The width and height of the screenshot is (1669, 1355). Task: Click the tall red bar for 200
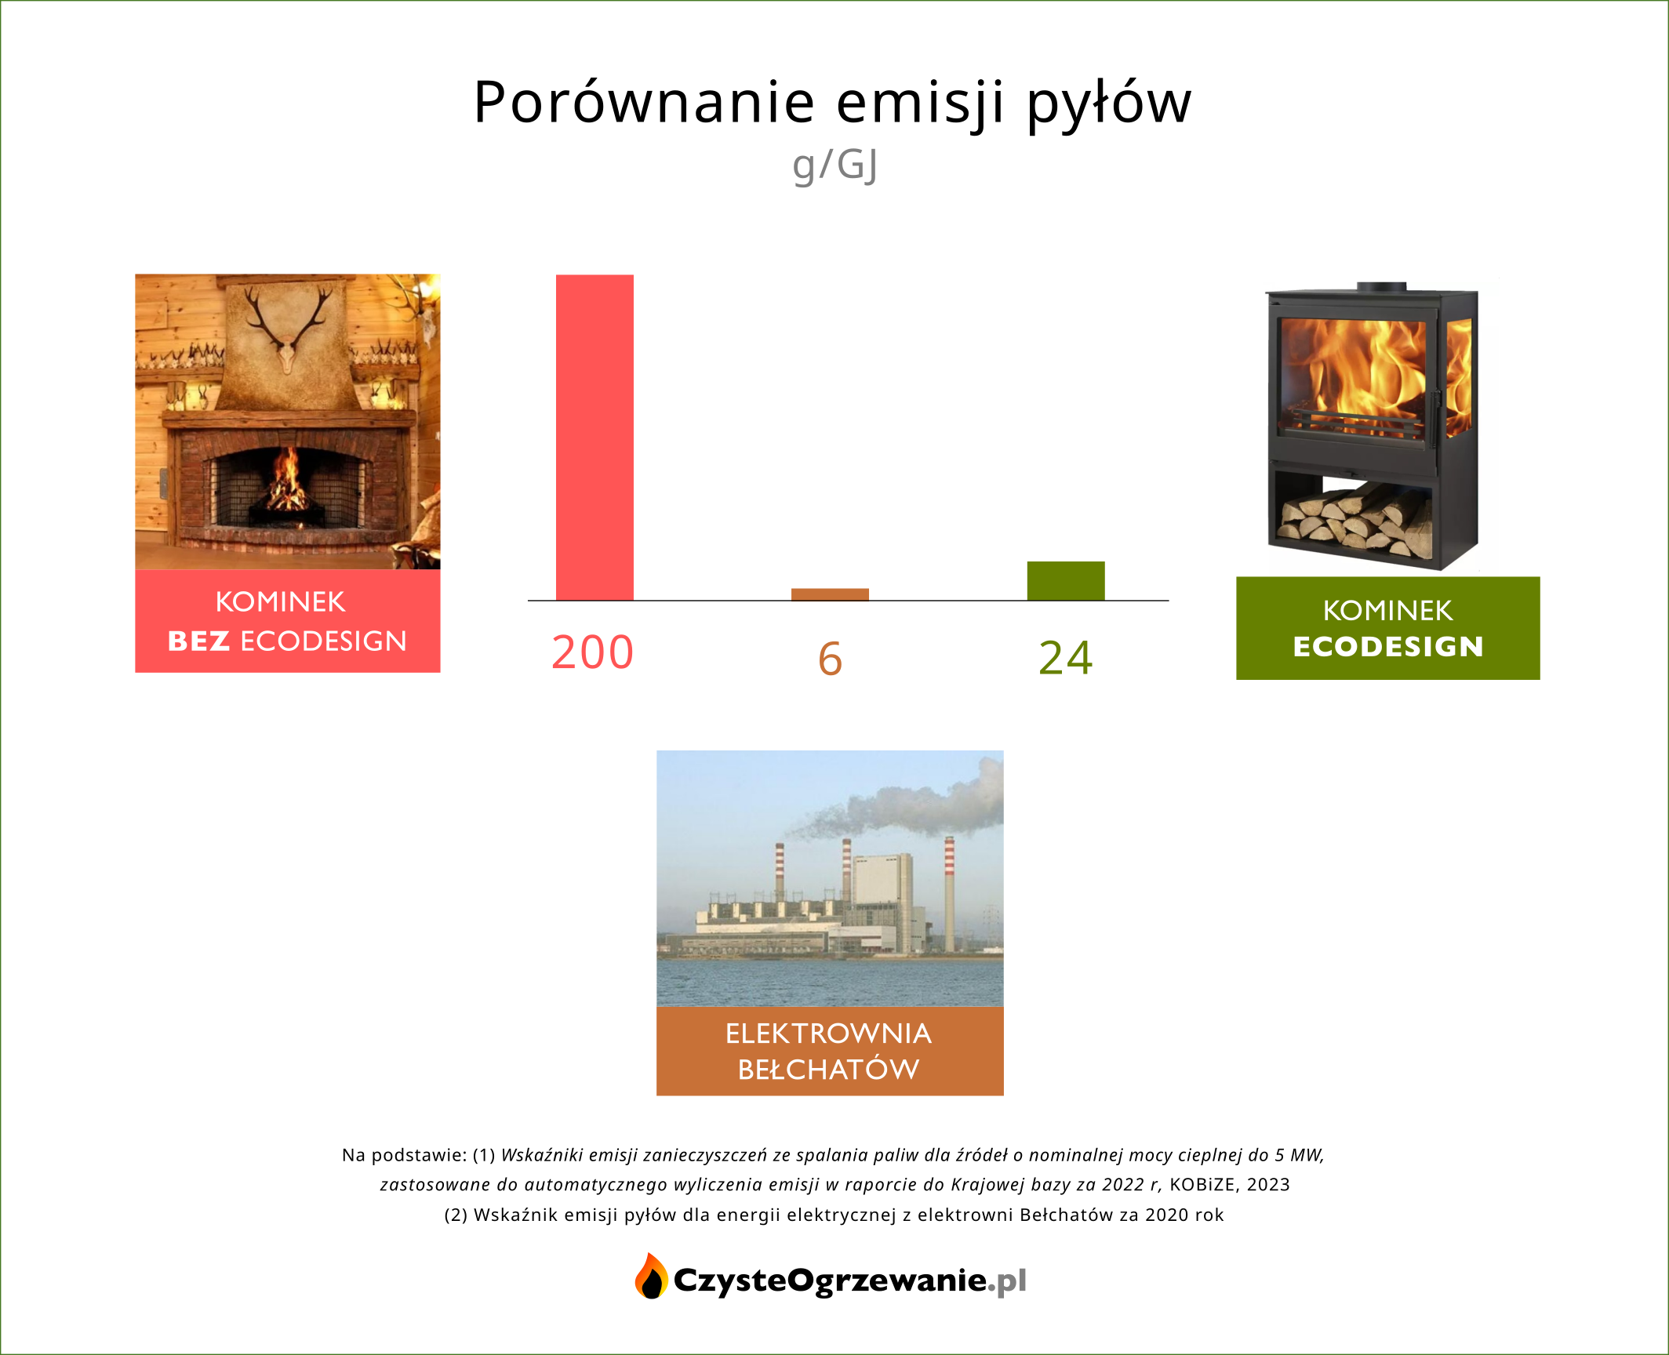(595, 438)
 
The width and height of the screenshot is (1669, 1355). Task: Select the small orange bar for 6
(830, 594)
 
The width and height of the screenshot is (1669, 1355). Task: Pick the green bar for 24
(1066, 581)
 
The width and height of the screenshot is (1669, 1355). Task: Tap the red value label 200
(592, 652)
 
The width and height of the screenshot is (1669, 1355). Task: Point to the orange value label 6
(830, 658)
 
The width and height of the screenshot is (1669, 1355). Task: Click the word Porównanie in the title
(645, 103)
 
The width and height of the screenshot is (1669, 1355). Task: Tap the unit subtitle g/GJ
(834, 165)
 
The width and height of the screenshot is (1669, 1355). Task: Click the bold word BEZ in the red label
(198, 641)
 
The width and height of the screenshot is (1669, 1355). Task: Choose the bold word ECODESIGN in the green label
(1388, 647)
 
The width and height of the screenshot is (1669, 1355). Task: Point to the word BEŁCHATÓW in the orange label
(829, 1070)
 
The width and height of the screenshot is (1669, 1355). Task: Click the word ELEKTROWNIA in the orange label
(829, 1034)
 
